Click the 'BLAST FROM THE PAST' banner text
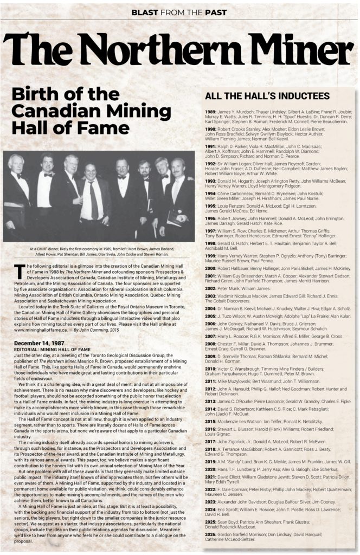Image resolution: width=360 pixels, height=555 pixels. tap(179, 11)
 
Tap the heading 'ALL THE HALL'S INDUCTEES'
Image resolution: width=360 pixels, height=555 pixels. tap(267, 96)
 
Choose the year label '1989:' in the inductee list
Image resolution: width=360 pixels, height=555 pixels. tap(211, 112)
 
